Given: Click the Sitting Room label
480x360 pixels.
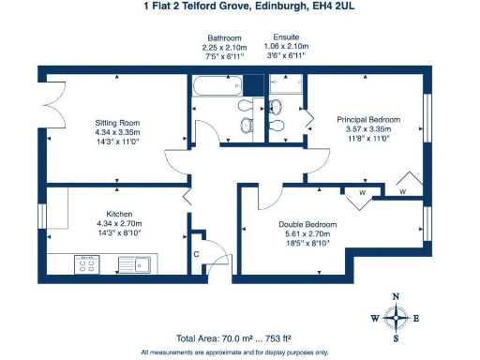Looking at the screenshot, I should tap(117, 123).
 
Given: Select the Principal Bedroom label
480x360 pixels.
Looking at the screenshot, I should tap(368, 120).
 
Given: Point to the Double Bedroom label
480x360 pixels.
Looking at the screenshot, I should tap(307, 226).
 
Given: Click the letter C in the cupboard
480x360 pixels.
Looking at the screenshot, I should tap(196, 253).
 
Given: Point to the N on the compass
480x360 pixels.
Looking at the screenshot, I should tap(396, 297).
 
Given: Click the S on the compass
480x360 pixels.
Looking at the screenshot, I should tap(396, 338).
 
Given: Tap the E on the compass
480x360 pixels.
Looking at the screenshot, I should tap(416, 318).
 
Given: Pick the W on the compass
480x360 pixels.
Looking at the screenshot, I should tap(374, 318).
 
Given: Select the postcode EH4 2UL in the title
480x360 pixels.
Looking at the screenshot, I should tap(316, 6).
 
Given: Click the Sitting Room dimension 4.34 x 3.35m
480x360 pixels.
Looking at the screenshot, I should tap(117, 133).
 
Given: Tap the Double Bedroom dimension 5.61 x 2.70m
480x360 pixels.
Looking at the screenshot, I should tap(307, 236).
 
